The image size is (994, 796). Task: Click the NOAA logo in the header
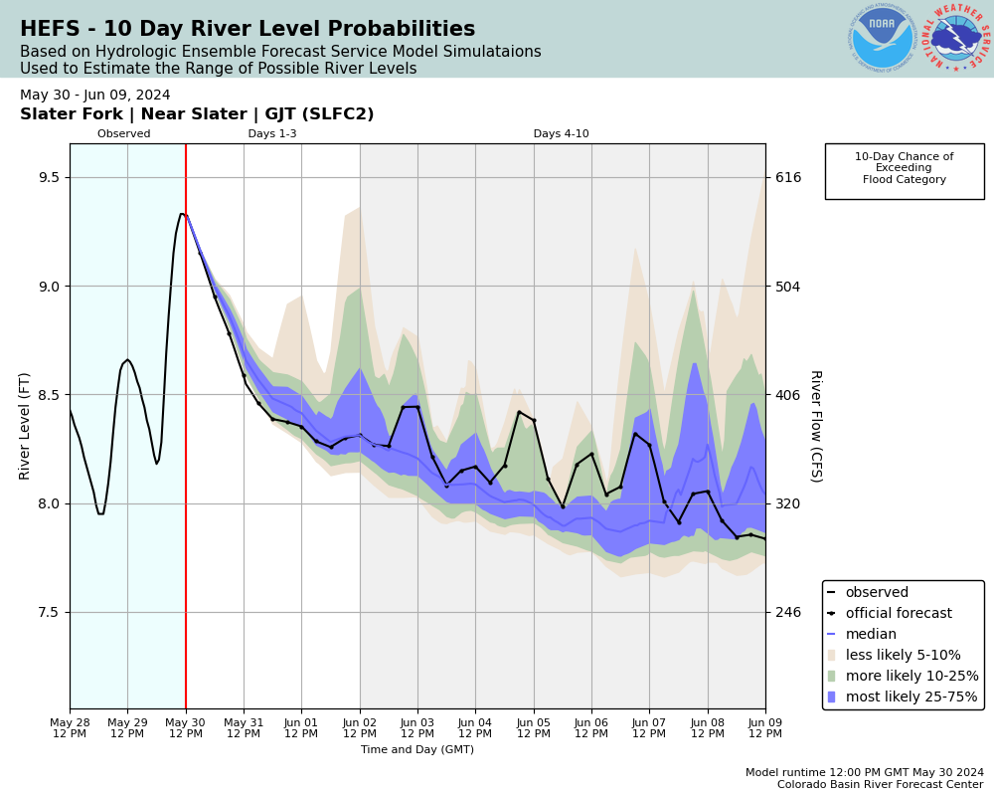[882, 39]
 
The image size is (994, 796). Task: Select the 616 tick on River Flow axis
[788, 177]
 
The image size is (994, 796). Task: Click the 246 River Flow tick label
[788, 612]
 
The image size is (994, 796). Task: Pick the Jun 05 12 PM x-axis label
[534, 726]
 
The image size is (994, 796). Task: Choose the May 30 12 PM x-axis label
[186, 726]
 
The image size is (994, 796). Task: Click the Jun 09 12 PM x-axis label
[765, 726]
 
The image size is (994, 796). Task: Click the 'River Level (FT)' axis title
[25, 426]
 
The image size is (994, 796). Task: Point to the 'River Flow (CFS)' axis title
[815, 426]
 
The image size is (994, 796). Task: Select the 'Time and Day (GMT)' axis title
[417, 750]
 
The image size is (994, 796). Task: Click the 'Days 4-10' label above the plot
[561, 134]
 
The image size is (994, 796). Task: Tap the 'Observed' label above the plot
[124, 134]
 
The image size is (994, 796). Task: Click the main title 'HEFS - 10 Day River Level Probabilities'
[248, 30]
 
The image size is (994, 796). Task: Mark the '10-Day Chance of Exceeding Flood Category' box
[904, 170]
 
